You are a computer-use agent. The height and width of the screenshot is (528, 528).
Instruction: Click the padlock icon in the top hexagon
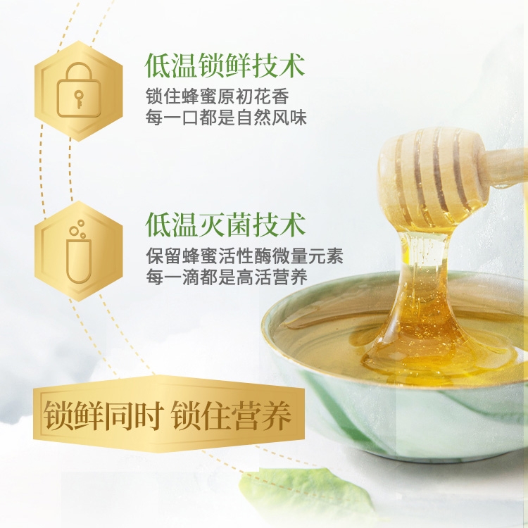point(79,90)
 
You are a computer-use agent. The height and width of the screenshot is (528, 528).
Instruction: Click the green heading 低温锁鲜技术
point(225,65)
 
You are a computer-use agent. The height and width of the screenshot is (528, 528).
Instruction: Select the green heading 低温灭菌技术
point(225,225)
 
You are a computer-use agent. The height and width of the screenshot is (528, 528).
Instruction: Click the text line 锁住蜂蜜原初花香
point(218,97)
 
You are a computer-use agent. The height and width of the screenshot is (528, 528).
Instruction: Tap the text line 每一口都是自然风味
point(226,118)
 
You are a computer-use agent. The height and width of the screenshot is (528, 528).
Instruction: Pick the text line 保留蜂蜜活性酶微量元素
point(244,256)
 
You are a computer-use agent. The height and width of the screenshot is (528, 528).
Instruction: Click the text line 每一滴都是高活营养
point(226,277)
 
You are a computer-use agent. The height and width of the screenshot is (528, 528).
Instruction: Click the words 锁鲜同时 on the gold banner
point(101,415)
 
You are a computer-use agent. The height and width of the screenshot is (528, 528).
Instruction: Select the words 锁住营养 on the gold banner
point(230,415)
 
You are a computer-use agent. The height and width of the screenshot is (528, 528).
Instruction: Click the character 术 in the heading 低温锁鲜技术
point(292,65)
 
